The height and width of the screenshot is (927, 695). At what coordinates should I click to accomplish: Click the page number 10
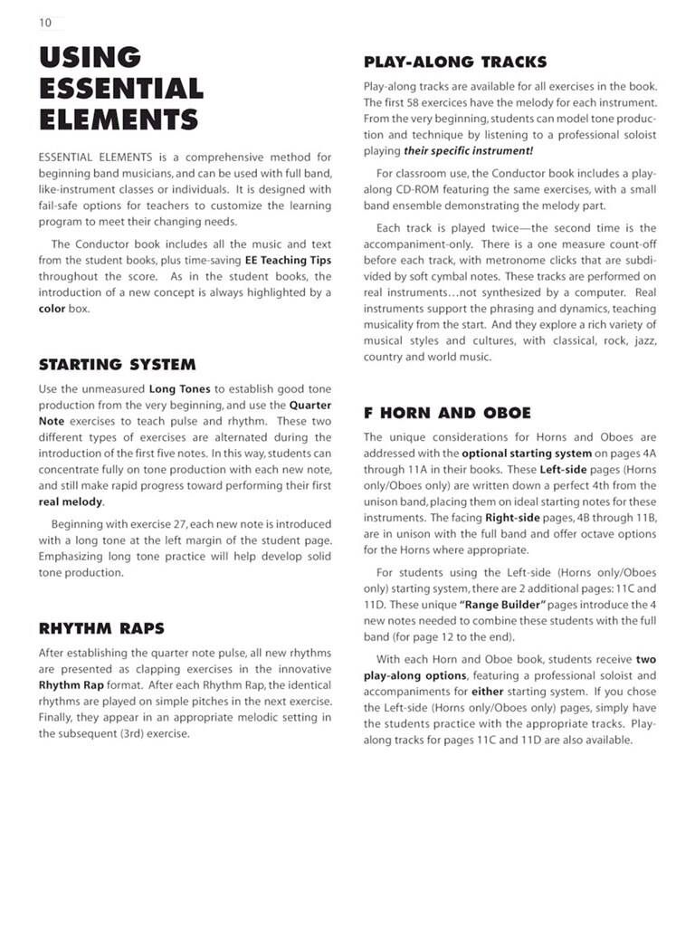[x=44, y=23]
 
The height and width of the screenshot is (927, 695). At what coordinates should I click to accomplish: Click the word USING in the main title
[x=90, y=57]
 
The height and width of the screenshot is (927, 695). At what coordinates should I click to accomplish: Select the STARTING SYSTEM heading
[x=117, y=365]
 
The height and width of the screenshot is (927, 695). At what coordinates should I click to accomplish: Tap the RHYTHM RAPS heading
[x=101, y=628]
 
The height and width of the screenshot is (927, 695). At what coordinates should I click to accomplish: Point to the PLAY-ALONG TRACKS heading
[x=454, y=62]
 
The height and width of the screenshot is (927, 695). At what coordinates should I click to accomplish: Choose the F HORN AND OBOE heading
[x=447, y=413]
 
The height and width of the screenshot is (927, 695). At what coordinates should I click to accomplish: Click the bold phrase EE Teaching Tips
[x=288, y=261]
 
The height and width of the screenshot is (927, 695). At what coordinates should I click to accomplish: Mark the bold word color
[x=52, y=309]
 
